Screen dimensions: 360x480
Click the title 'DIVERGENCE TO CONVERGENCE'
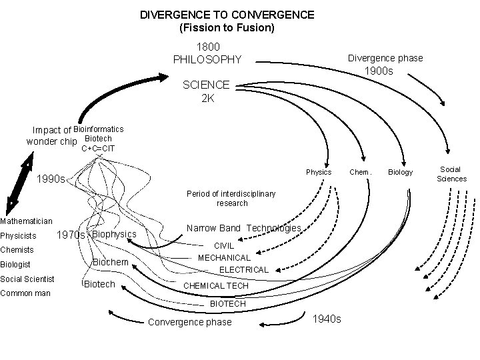227,14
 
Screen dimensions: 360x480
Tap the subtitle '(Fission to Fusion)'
227,28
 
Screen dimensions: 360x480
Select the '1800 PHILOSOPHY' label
207,53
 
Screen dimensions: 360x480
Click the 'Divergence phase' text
385,58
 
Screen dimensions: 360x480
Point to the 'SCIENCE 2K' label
206,91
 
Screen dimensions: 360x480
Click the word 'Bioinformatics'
98,129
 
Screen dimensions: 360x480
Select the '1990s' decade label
51,179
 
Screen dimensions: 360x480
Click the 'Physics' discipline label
319,172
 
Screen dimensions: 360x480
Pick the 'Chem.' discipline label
360,172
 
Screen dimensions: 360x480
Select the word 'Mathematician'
27,221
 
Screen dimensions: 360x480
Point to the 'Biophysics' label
114,234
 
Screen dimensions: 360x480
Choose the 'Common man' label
25,293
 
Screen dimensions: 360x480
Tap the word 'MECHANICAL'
224,257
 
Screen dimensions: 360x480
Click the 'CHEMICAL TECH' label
215,285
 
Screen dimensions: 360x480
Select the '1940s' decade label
327,319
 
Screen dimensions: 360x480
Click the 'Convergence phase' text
189,322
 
